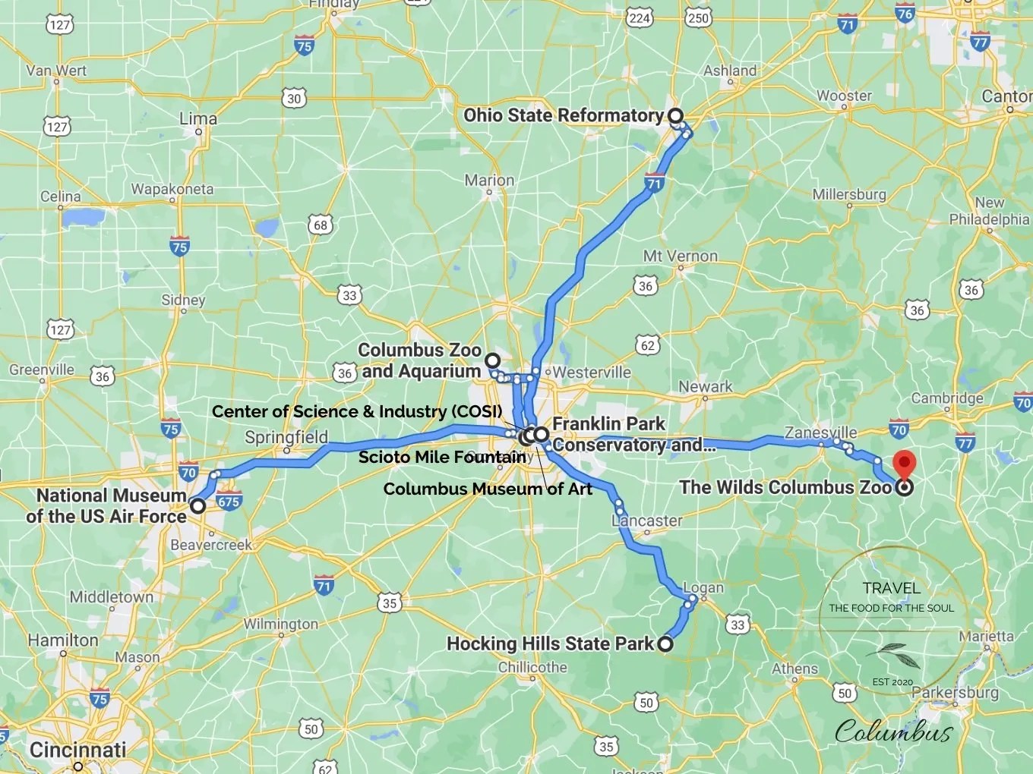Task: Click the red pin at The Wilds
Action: click(903, 464)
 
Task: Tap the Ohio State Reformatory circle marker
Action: click(675, 116)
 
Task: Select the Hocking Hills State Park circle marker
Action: click(665, 644)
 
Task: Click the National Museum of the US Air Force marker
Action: click(197, 506)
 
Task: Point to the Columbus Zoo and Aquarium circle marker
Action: click(493, 360)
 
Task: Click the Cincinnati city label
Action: click(77, 750)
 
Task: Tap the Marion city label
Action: click(489, 181)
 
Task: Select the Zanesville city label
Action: click(820, 433)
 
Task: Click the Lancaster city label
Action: click(647, 521)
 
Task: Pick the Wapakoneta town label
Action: click(172, 189)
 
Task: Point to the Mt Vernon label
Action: click(680, 256)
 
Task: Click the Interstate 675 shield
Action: click(229, 502)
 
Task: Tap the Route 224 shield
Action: click(640, 18)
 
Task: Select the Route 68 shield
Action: click(321, 225)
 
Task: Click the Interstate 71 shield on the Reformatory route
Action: click(654, 184)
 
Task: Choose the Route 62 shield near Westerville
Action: click(647, 346)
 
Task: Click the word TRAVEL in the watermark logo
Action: click(891, 588)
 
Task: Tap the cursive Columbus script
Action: click(893, 732)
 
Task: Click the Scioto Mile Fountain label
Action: click(442, 457)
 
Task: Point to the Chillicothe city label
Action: click(532, 668)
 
